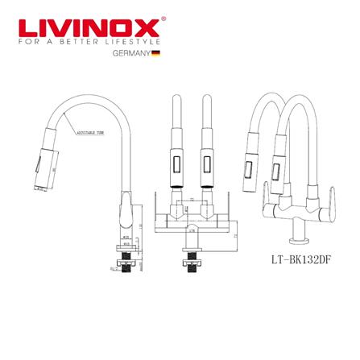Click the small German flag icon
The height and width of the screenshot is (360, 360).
click(156, 54)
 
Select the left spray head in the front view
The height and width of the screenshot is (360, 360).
click(173, 165)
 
